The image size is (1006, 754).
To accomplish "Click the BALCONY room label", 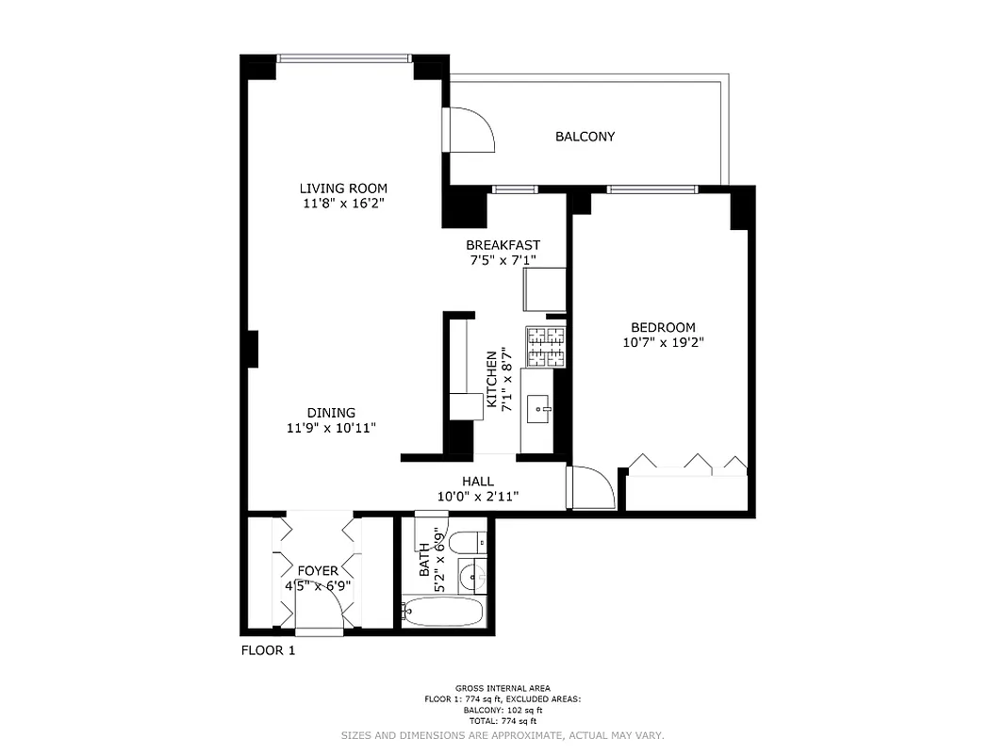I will pyautogui.click(x=585, y=137).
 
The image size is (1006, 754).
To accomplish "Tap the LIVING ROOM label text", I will pyautogui.click(x=343, y=188).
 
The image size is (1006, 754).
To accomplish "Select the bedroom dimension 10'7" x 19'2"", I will pyautogui.click(x=662, y=343).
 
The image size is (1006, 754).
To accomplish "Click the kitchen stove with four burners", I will pyautogui.click(x=546, y=346).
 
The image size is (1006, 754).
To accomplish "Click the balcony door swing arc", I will pyautogui.click(x=471, y=129).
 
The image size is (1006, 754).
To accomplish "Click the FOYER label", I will pyautogui.click(x=318, y=571).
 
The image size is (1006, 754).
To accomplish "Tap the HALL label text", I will pyautogui.click(x=478, y=482).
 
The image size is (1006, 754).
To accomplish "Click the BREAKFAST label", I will pyautogui.click(x=503, y=245).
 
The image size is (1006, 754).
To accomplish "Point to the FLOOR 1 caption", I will pyautogui.click(x=268, y=650).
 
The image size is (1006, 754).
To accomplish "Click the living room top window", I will pyautogui.click(x=344, y=58).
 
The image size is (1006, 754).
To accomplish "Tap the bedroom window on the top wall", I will pyautogui.click(x=652, y=189).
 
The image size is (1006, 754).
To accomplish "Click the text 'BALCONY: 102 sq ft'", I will pyautogui.click(x=503, y=710).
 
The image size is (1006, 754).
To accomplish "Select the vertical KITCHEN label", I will pyautogui.click(x=491, y=380).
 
